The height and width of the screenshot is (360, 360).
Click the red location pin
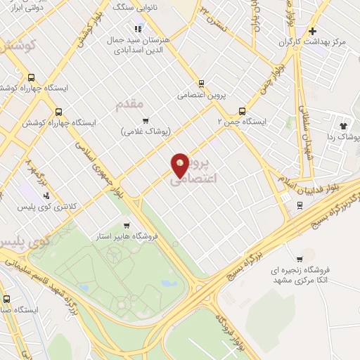click(x=180, y=165)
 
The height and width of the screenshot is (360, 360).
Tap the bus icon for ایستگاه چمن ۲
click(x=243, y=111)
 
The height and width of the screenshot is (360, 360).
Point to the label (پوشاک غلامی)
click(x=146, y=131)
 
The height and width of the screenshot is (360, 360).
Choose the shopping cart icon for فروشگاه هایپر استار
click(x=126, y=226)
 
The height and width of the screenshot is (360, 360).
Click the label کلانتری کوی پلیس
click(x=51, y=206)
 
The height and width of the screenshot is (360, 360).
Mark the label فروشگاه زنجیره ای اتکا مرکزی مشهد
click(x=309, y=274)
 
